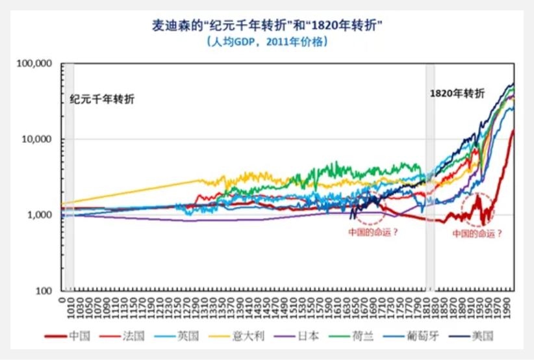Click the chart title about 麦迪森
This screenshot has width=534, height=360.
[266, 26]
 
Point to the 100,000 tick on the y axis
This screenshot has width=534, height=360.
[36, 64]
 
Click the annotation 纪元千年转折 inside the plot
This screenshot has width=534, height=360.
[103, 99]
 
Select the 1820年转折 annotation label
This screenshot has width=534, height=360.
[457, 93]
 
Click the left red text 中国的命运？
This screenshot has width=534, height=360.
[373, 232]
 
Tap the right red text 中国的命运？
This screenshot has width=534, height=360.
[477, 233]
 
